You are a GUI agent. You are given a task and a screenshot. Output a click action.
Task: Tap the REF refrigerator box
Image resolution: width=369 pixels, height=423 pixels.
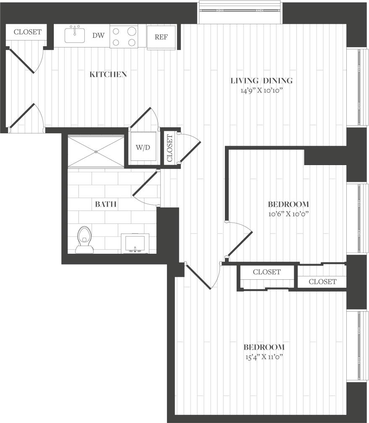coord(161,37)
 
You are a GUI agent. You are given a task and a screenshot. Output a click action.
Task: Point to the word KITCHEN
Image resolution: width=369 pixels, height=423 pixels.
coord(108,75)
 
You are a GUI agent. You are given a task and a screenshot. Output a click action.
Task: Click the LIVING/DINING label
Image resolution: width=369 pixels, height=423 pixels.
coord(262,81)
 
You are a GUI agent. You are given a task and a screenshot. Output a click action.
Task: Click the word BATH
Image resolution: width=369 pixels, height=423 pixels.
coord(105,205)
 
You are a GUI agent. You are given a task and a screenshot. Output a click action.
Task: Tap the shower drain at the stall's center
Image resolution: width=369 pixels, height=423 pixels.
coord(96,151)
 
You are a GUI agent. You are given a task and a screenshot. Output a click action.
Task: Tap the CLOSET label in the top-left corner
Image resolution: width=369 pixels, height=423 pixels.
coord(28,32)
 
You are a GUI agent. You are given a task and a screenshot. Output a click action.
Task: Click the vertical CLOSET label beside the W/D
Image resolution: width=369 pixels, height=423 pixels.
coord(170,148)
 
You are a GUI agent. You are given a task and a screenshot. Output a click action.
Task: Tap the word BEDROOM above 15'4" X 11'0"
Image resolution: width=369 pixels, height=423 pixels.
coord(264,347)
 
